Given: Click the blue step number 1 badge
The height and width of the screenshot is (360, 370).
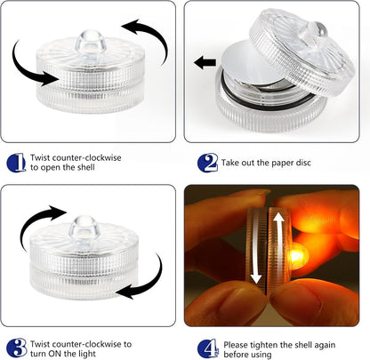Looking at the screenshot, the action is pyautogui.click(x=16, y=163).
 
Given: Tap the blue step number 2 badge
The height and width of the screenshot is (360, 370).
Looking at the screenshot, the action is pyautogui.click(x=207, y=163).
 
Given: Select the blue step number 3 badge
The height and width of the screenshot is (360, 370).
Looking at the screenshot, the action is pyautogui.click(x=17, y=348).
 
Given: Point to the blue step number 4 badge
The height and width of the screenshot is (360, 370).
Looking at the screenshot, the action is pyautogui.click(x=208, y=348).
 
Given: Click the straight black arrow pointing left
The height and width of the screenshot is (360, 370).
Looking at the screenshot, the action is pyautogui.click(x=205, y=62).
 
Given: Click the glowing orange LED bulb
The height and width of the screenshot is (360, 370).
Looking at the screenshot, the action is pyautogui.click(x=297, y=255).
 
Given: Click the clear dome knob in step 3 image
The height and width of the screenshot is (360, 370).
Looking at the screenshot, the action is pyautogui.click(x=84, y=228).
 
